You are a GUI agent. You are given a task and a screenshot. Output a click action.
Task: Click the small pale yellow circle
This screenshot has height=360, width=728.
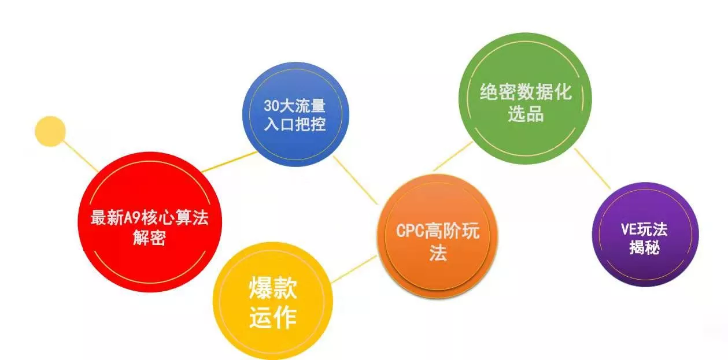click(x=50, y=131)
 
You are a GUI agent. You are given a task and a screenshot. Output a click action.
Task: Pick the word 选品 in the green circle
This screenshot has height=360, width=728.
click(x=526, y=114)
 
